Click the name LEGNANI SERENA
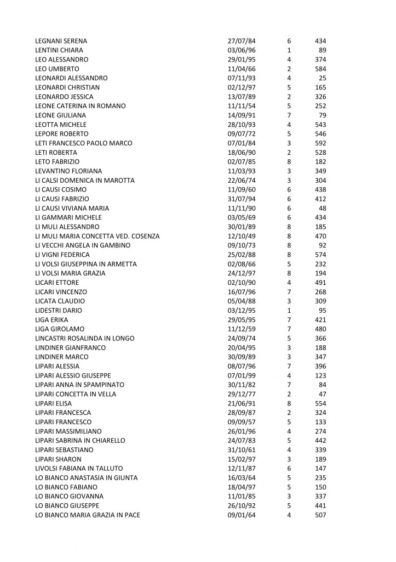61,41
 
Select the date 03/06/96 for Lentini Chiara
242,50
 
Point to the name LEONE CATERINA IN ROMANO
80,106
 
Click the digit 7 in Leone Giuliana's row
289,115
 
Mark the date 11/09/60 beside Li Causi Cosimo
242,190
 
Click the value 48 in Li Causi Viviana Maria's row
323,209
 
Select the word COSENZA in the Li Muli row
145,237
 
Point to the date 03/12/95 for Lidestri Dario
242,311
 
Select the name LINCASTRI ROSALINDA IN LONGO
84,339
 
